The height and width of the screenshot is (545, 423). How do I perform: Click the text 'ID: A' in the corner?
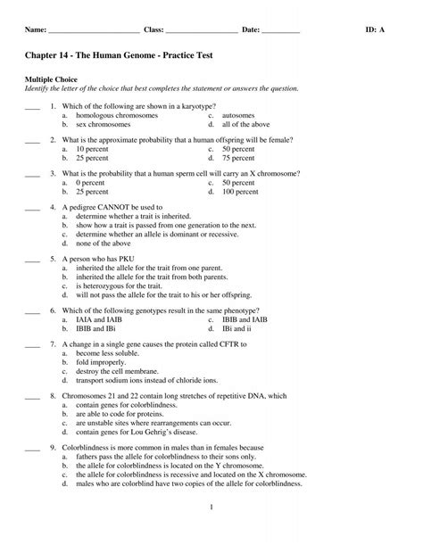tap(376, 29)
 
